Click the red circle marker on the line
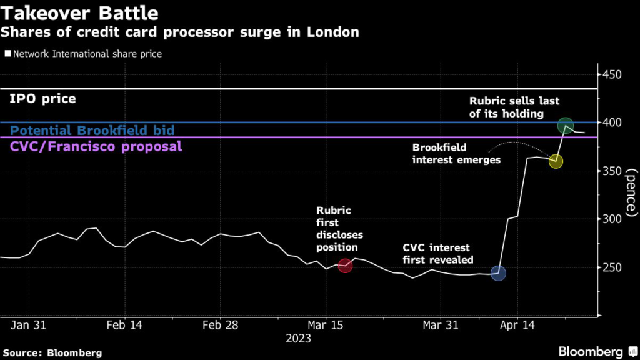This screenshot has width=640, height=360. [345, 266]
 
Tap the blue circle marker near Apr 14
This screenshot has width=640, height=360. [498, 273]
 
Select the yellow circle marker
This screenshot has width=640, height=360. [556, 161]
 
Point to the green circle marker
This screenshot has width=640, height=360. [566, 126]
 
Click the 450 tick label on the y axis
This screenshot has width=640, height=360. [612, 75]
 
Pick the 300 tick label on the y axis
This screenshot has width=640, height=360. [612, 219]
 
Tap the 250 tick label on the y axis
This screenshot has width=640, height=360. [612, 267]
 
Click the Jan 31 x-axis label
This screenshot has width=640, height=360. [29, 326]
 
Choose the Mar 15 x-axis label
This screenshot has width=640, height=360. [324, 326]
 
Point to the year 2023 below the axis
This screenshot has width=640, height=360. [297, 339]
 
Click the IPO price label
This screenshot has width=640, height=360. [43, 99]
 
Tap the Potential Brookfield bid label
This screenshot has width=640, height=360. [92, 131]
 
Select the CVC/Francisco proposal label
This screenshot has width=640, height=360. [96, 147]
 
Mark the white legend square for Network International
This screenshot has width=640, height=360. [7, 54]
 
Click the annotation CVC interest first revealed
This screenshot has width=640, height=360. [437, 254]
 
